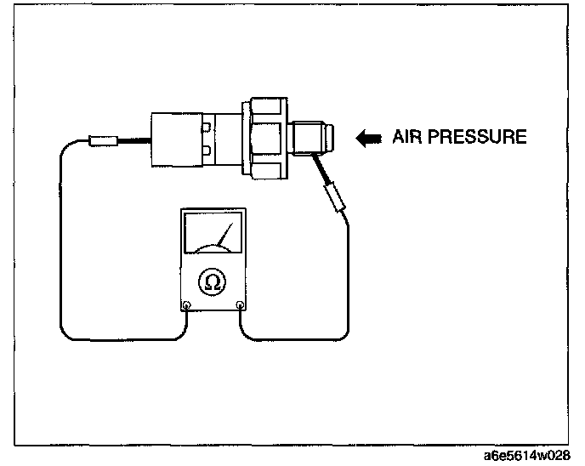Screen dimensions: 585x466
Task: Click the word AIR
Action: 406,137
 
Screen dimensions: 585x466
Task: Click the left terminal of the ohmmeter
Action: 187,305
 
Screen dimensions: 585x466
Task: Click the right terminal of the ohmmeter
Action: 241,305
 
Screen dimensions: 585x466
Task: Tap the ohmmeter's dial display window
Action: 213,234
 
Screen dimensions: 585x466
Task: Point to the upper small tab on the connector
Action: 207,128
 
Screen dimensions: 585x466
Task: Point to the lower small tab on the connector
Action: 207,151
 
